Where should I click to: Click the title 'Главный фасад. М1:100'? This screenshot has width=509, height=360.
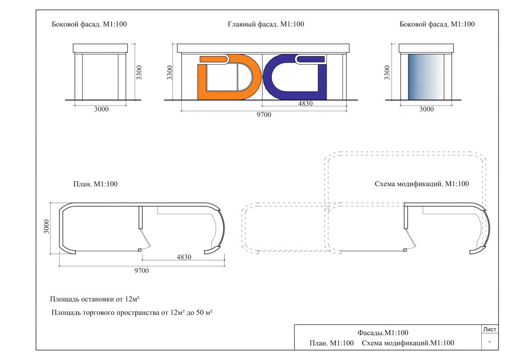266,24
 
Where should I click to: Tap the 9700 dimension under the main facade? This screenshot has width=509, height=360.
263,114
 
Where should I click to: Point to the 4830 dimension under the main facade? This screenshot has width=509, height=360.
305,103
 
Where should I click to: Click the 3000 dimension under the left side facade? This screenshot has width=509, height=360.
101,109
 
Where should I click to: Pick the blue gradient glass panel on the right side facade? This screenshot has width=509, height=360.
426,77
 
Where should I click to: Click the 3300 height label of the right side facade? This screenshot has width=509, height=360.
387,73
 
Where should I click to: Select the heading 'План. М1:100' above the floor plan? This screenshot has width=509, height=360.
95,184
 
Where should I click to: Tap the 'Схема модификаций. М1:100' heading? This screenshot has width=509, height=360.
422,184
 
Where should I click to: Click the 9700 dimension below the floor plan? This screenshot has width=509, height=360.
142,270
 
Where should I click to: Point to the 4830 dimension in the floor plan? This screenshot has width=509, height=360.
184,257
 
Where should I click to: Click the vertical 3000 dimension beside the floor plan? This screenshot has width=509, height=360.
46,227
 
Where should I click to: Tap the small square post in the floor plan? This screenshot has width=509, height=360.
140,250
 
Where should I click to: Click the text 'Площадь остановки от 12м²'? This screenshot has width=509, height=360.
95,299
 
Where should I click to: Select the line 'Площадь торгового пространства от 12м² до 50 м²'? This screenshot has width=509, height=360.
132,313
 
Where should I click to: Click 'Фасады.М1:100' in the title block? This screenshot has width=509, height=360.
383,333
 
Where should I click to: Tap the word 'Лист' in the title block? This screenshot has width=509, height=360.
490,329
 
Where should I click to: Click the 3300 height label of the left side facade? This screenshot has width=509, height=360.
139,73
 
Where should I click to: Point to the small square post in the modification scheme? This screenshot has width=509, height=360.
405,250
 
